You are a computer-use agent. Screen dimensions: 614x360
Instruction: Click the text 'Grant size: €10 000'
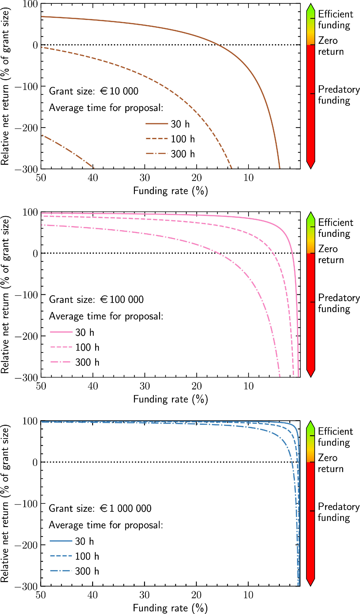(94, 91)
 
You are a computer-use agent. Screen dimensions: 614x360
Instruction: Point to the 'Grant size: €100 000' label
(96, 299)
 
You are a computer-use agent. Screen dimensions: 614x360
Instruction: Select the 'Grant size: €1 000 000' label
(100, 508)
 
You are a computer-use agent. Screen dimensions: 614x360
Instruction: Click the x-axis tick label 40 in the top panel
(93, 178)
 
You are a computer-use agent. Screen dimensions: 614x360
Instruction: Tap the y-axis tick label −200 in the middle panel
(26, 336)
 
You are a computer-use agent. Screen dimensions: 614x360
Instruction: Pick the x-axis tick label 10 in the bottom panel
(248, 595)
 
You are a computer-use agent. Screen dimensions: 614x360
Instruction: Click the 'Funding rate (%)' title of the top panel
(170, 191)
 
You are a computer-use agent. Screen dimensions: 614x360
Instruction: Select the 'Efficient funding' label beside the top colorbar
(335, 20)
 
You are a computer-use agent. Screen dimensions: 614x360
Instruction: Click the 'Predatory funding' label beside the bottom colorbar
(338, 512)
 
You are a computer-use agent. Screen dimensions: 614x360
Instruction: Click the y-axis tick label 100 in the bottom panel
(30, 421)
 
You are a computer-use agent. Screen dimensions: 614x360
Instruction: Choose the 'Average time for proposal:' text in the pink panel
(106, 316)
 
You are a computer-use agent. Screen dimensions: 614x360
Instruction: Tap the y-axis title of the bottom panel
(5, 503)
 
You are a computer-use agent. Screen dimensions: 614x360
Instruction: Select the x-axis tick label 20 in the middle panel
(197, 386)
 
